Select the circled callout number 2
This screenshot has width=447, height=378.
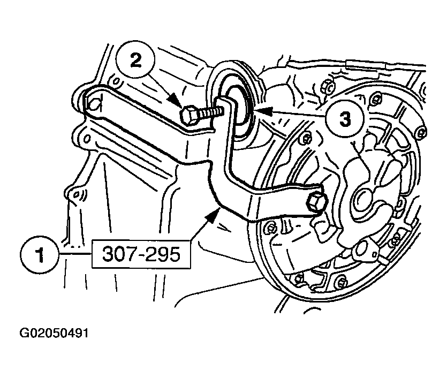coord(135,61)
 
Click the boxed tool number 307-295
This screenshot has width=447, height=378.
coord(141,254)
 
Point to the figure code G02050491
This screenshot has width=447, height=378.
coord(54,333)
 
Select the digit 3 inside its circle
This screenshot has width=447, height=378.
coord(345,119)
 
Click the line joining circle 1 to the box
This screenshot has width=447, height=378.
coord(75,253)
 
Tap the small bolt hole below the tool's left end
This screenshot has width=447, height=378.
coord(87,139)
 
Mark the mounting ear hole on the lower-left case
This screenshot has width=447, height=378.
coord(77,194)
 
